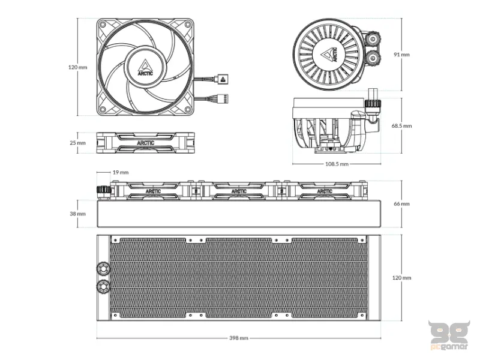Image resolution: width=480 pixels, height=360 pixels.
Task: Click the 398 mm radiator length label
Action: click(239, 338)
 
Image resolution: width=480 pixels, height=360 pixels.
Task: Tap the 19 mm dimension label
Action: click(121, 172)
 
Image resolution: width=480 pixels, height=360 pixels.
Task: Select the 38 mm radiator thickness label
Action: click(78, 214)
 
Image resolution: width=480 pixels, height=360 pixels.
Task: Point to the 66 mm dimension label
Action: click(401, 203)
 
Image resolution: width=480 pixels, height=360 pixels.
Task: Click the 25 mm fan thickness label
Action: click(78, 143)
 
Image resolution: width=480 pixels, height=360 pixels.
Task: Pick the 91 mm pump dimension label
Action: click(401, 55)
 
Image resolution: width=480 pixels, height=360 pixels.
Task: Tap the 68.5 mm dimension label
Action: click(401, 126)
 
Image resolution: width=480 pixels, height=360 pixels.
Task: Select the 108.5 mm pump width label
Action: click(337, 164)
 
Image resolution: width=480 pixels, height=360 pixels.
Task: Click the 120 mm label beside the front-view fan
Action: click(78, 67)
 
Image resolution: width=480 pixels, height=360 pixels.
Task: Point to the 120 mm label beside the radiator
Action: click(401, 278)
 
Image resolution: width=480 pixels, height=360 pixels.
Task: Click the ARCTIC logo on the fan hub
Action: click(145, 67)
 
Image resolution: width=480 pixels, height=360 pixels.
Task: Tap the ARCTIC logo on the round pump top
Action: click(329, 55)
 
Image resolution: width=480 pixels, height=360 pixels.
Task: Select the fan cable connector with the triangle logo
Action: click(223, 79)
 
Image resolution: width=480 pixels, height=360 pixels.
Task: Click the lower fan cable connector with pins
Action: click(223, 99)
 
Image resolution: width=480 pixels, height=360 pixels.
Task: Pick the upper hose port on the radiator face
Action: click(103, 268)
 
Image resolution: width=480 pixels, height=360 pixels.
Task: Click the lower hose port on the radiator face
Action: click(103, 287)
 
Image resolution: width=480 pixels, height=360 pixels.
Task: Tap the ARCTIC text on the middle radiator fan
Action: click(239, 191)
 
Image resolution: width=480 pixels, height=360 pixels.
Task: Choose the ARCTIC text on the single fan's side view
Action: click(146, 143)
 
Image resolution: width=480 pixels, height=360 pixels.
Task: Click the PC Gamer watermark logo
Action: click(449, 335)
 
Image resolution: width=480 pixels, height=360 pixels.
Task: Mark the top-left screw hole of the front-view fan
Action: click(103, 25)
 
